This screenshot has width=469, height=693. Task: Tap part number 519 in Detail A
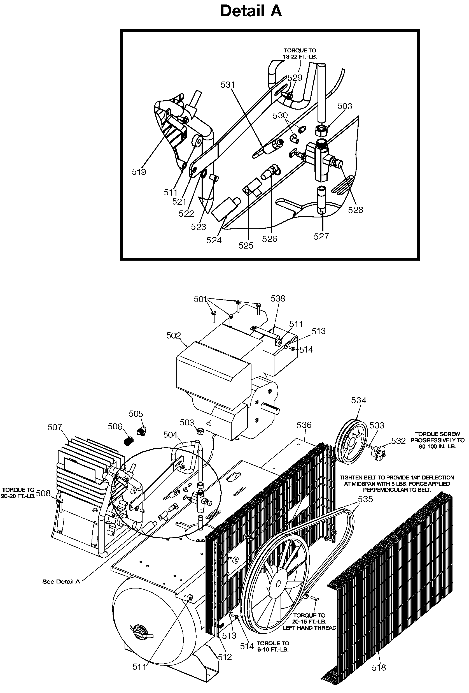[139, 172]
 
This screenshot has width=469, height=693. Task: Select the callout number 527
[321, 236]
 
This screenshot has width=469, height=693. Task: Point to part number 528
[356, 210]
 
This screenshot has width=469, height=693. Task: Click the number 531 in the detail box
[228, 85]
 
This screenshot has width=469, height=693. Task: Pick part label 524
[214, 240]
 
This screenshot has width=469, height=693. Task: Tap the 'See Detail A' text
[61, 581]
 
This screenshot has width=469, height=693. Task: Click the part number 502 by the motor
[173, 335]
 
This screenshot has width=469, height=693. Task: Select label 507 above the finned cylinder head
[55, 427]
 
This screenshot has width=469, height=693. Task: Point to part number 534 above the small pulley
[358, 400]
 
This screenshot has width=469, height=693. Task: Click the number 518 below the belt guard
[379, 668]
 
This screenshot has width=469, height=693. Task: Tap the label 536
[304, 425]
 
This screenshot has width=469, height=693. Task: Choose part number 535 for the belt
[366, 499]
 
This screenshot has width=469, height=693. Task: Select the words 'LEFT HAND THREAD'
[309, 628]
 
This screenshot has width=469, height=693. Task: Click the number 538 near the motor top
[278, 298]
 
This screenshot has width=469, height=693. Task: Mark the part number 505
[136, 414]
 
